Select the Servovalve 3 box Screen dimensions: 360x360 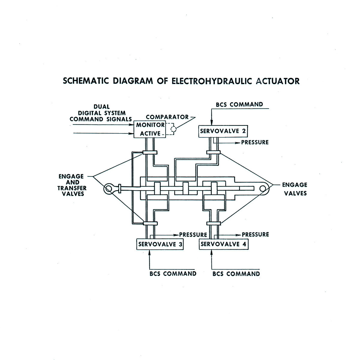tap(160, 244)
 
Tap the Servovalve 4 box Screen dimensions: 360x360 tap(224, 244)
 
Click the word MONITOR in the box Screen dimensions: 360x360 tap(150, 125)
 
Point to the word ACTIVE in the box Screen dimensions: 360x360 tap(150, 133)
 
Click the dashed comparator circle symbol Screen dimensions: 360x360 tap(173, 129)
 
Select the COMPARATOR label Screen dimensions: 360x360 tap(167, 117)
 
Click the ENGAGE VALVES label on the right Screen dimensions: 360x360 tap(295, 189)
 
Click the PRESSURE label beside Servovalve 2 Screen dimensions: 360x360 tap(255, 142)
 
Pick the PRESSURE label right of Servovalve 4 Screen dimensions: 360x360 tap(255, 234)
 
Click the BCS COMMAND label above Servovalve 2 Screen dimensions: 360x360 tap(239, 104)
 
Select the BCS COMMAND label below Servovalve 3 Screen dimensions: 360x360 tap(173, 274)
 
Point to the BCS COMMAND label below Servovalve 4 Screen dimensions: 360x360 tap(236, 274)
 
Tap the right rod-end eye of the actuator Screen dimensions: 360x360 tap(263, 188)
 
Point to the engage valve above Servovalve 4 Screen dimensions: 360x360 tap(214, 223)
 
